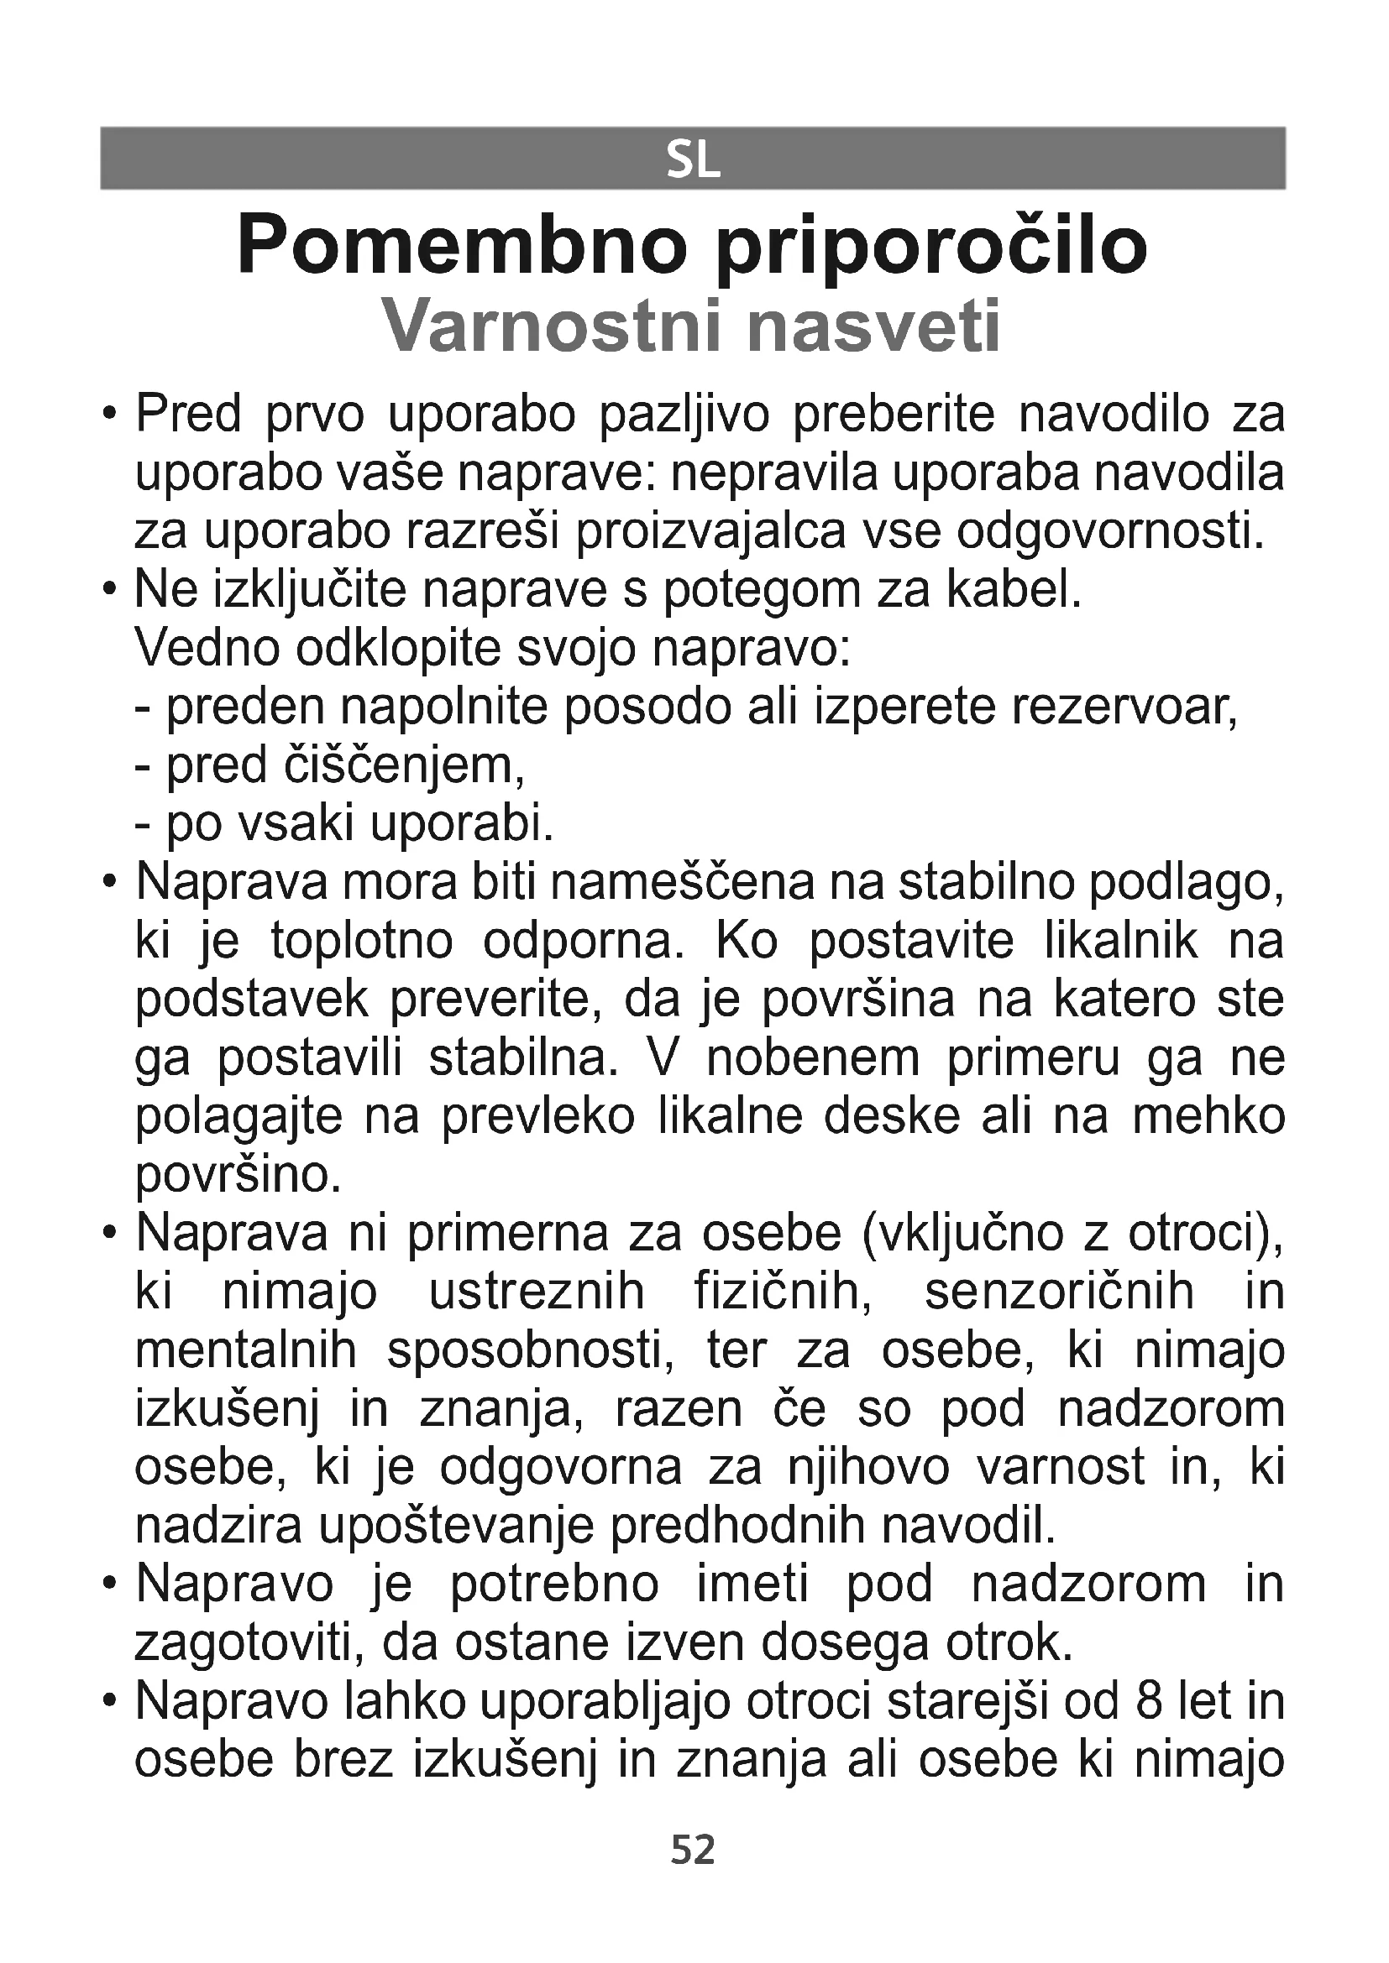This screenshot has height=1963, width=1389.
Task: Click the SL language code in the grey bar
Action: (693, 160)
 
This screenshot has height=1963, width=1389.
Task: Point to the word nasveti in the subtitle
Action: (873, 326)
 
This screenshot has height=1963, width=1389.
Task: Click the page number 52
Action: (693, 1851)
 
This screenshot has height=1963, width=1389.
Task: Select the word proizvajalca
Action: (711, 533)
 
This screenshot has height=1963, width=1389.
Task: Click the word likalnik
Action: (1121, 942)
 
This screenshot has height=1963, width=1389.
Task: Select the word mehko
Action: (1208, 1117)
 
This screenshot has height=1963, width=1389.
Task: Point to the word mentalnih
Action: (246, 1351)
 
